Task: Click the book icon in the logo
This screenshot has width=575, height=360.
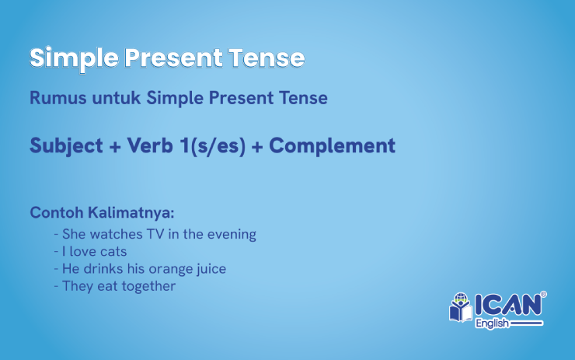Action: [460, 308]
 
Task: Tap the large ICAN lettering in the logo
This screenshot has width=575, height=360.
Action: [507, 305]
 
